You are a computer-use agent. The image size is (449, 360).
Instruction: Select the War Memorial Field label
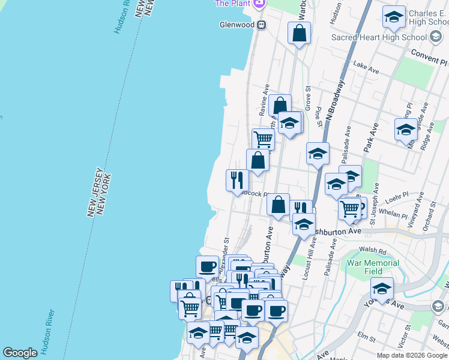tap(373, 267)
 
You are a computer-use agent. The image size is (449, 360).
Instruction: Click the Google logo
tap(20, 353)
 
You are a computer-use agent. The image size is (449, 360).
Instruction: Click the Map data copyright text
tap(412, 355)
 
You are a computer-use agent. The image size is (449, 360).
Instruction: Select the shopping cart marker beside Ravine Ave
tap(263, 139)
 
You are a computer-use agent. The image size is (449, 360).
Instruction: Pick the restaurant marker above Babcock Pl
tap(237, 179)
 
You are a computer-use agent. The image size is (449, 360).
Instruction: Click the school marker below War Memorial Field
tap(382, 288)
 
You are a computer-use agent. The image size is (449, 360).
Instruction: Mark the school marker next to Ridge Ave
tap(405, 130)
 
